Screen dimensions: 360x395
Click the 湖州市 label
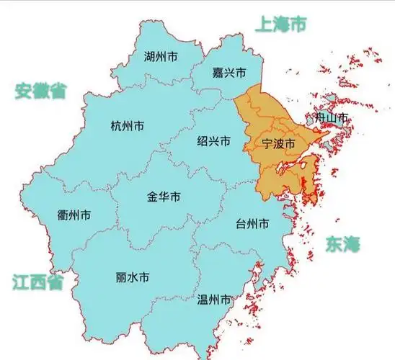(161, 56)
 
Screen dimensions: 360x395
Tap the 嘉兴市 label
(229, 73)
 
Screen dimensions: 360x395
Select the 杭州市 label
(127, 126)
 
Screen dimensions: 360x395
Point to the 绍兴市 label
(214, 142)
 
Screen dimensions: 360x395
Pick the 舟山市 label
(332, 117)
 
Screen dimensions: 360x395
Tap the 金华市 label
(164, 197)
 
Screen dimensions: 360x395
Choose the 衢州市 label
(74, 215)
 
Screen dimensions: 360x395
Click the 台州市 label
(253, 225)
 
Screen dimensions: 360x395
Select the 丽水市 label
(133, 277)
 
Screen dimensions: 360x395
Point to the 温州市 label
(214, 299)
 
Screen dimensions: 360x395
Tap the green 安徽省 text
(41, 90)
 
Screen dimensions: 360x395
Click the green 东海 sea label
(342, 243)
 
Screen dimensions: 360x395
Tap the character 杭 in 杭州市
(116, 126)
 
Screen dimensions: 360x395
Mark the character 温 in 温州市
(203, 299)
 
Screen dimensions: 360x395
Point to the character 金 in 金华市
(153, 197)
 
